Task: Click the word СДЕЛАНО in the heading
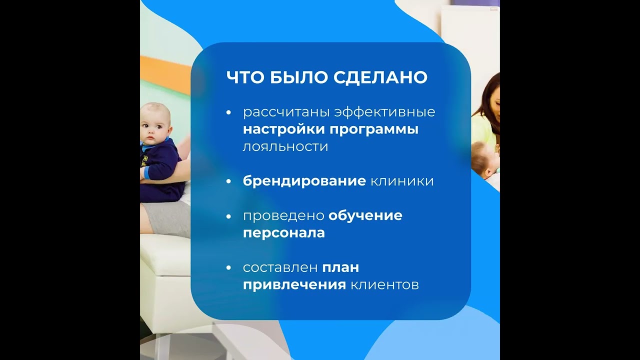pos(380,77)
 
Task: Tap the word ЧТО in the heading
pos(245,77)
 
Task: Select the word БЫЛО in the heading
pos(299,77)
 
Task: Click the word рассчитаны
pos(286,112)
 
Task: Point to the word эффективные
pos(385,111)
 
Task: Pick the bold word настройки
pos(284,129)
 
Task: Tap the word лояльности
pos(285,146)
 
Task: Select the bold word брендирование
pos(304,180)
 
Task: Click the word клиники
pos(402,181)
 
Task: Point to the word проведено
pos(283,215)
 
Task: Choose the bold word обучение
pos(365,215)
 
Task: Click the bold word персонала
pos(284,233)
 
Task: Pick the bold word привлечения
pos(294,285)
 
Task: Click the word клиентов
pos(384,285)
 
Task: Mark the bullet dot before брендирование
pos(228,181)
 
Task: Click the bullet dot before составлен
pos(228,268)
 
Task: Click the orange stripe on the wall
pos(165,75)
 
